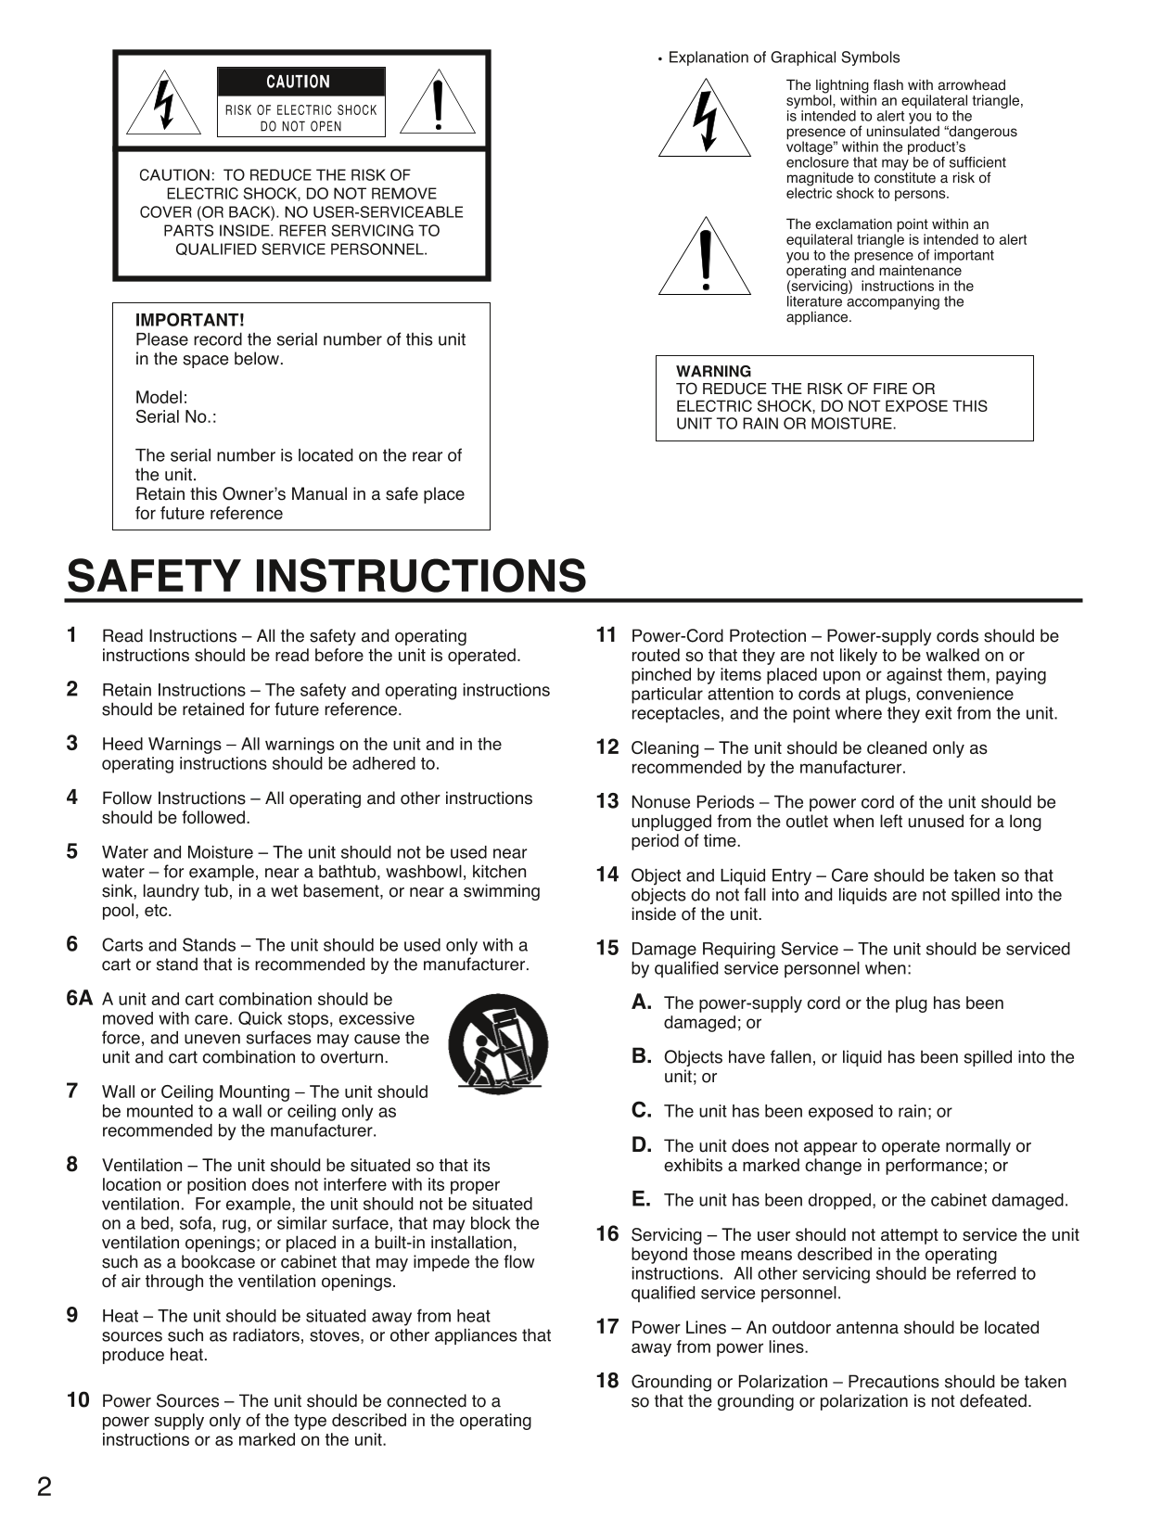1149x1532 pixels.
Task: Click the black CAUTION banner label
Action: tap(300, 82)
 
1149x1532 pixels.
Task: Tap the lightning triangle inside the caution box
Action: tap(164, 106)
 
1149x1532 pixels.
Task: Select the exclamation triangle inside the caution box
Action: tap(438, 104)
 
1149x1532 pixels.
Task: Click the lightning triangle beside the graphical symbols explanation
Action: tap(705, 121)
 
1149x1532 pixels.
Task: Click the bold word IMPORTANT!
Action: tap(189, 320)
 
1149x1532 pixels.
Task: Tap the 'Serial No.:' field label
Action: tap(175, 417)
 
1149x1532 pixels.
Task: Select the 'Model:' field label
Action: tap(160, 398)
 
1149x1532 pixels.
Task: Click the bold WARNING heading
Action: tap(713, 372)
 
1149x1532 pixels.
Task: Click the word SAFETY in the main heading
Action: tap(154, 576)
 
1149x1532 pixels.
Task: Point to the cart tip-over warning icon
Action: tap(498, 1044)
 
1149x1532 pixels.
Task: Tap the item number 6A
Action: tap(80, 999)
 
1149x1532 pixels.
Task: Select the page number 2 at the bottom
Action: tap(45, 1487)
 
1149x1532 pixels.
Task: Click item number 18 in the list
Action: tap(606, 1381)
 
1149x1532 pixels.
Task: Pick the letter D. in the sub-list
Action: tap(642, 1145)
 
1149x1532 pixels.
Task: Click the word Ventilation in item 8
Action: tap(142, 1166)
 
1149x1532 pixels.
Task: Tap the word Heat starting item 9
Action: tap(120, 1317)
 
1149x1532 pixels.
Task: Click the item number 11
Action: tap(606, 635)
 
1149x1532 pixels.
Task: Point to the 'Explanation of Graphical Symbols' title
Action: tap(784, 57)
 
